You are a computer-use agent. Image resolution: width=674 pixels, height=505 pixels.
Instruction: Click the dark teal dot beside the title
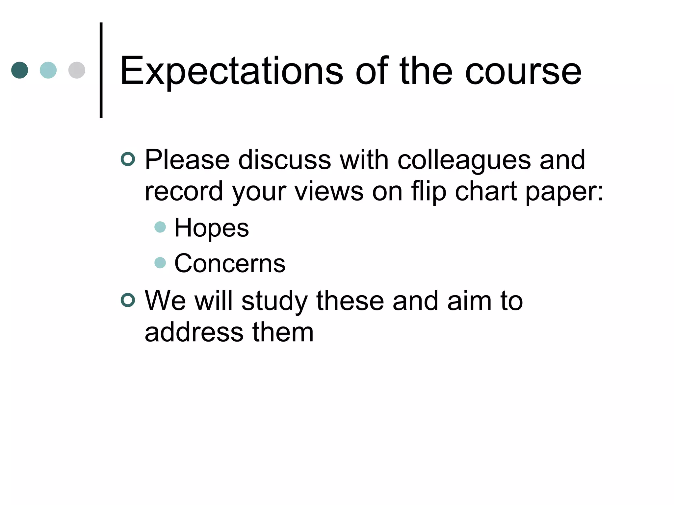point(20,70)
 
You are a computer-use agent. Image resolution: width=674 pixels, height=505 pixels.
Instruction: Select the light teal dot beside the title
point(48,70)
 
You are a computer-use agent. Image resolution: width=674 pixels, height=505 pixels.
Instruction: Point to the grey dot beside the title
point(77,70)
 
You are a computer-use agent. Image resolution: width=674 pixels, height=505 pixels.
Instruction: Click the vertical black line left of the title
point(101,70)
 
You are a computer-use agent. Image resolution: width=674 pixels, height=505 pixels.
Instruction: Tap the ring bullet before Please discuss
point(128,159)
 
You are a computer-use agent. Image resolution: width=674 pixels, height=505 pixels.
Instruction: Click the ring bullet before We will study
point(128,300)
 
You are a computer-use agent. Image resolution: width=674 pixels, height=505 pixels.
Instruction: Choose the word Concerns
point(230,264)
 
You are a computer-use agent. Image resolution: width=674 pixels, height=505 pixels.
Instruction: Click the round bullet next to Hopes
point(160,227)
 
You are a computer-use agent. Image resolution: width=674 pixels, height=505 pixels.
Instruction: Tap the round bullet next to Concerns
point(160,262)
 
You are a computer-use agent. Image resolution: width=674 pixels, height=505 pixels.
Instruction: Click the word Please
point(187,160)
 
